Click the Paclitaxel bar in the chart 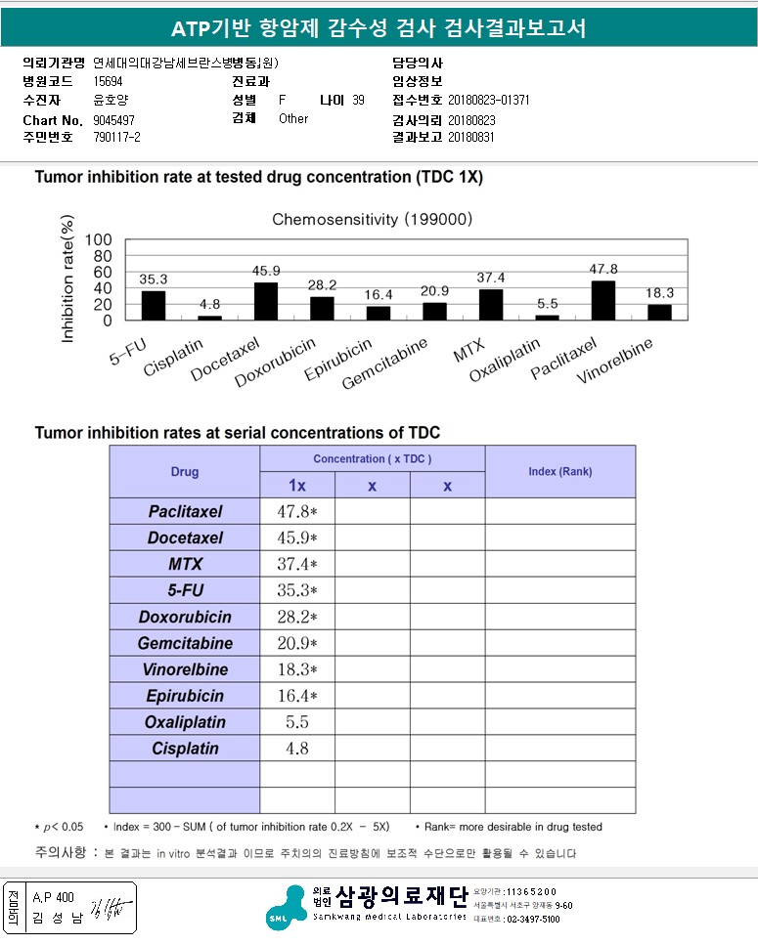coord(603,301)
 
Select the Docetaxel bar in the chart coord(266,302)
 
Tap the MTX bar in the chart coord(491,305)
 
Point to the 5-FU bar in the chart coord(154,306)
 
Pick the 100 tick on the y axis coord(99,239)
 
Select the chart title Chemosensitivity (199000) coord(372,219)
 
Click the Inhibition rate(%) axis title coord(67,279)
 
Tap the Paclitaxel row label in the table coord(185,511)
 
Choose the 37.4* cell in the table coord(297,564)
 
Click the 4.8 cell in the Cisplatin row coord(297,749)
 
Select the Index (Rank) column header coord(559,472)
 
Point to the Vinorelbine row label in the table coord(185,669)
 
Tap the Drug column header coord(185,472)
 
